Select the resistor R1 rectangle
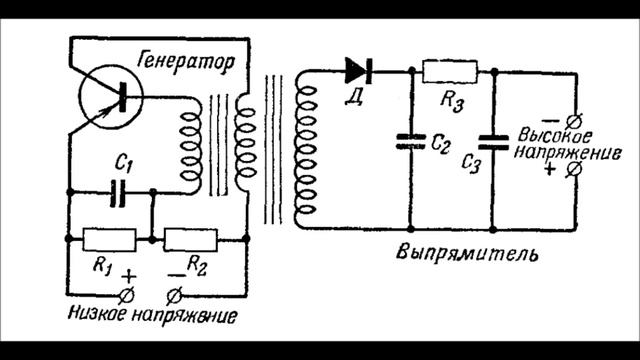tap(108, 239)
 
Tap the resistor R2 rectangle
tap(190, 239)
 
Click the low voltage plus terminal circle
tap(126, 294)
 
